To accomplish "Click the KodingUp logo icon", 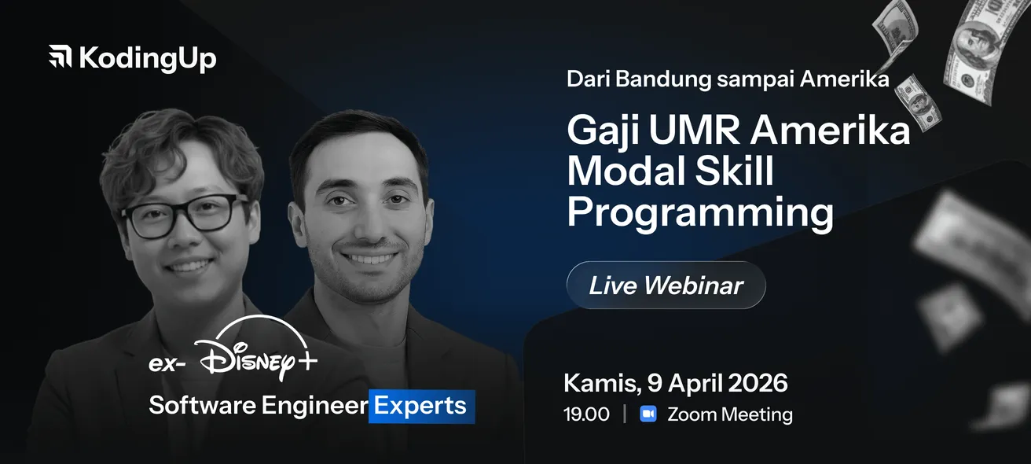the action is [x=61, y=56].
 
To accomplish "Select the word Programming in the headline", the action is [x=700, y=213].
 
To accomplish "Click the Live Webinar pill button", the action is [x=666, y=285].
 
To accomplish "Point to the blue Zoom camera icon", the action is [x=648, y=414].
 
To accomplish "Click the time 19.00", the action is [x=586, y=414].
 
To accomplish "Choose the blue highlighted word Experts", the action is [x=420, y=406].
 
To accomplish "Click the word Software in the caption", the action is [x=203, y=406].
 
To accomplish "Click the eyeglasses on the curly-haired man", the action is [x=184, y=215].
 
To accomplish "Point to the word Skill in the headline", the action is [x=735, y=171].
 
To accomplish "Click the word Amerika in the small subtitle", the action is [x=845, y=79].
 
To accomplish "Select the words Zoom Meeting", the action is [x=730, y=414].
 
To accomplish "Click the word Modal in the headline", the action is [x=626, y=171].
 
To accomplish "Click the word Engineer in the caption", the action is [x=315, y=406].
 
